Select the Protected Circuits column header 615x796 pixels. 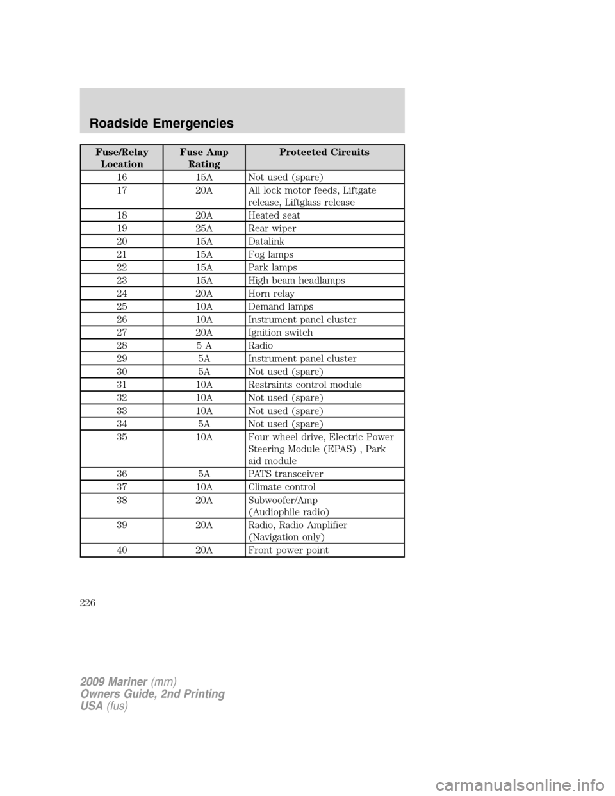(324, 153)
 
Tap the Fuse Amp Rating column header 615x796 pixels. (204, 158)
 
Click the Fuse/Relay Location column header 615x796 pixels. (122, 158)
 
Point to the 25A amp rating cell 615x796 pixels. (204, 228)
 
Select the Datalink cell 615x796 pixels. (266, 242)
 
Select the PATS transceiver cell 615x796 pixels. (285, 474)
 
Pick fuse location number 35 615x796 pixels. (122, 437)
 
